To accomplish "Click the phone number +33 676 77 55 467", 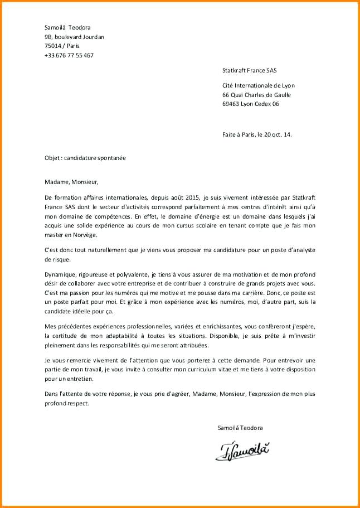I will click(x=69, y=55).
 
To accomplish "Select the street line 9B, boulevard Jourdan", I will click(x=74, y=37).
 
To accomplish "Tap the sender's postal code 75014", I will click(x=53, y=46).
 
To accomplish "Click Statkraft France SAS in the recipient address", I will click(x=249, y=70).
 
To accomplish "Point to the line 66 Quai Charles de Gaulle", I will click(x=256, y=94).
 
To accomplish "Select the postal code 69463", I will click(x=231, y=104).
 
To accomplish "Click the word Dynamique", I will click(x=61, y=275).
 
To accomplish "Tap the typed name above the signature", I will click(x=240, y=428).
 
